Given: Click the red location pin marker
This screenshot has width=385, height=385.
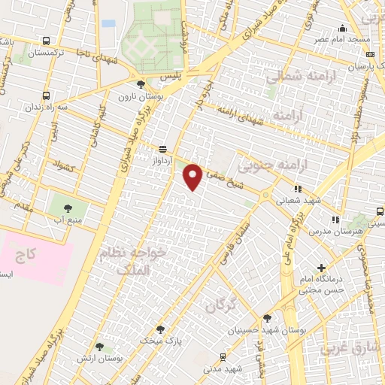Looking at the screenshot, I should click(193, 177).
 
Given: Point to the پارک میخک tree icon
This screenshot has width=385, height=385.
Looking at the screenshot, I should click(159, 329).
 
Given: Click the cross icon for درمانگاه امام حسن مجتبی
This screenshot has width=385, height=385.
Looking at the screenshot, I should click(321, 268).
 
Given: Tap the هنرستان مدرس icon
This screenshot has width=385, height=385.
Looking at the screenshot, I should click(335, 220).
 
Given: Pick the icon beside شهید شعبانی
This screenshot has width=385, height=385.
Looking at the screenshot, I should click(298, 189).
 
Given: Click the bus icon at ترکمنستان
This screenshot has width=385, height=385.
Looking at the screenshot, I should click(47, 41).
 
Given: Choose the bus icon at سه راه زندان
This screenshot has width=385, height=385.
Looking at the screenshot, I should click(47, 96).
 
